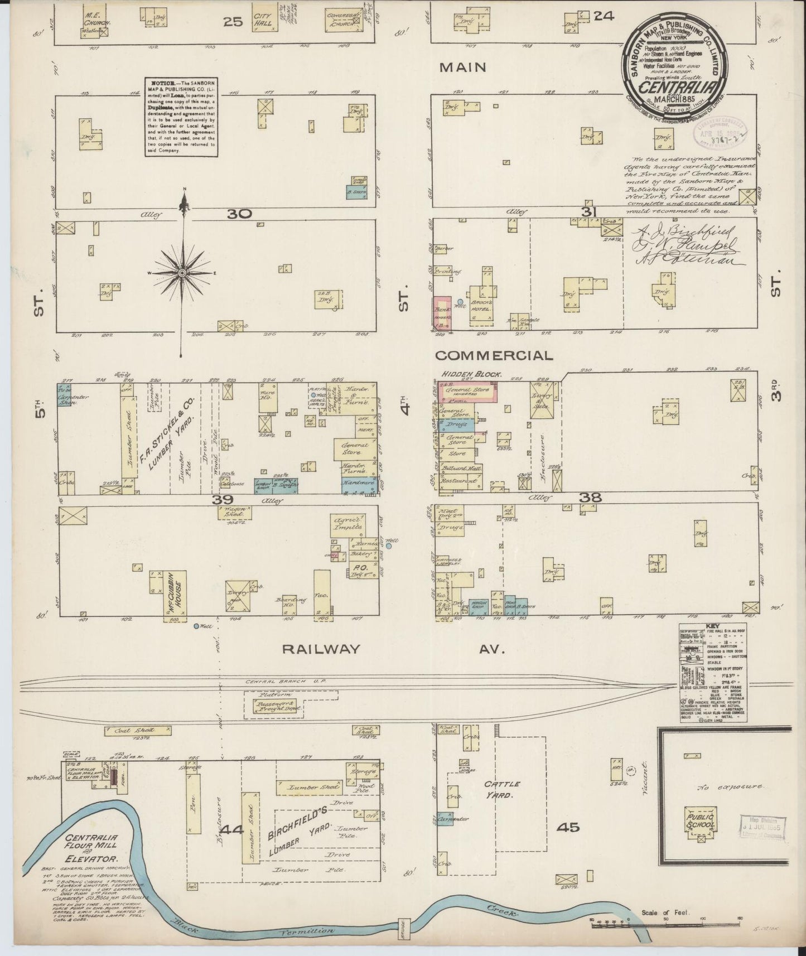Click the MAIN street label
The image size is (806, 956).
462,67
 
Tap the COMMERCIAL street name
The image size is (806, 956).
494,355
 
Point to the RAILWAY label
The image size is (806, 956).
321,649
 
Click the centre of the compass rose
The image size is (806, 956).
182,272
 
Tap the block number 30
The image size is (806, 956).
240,214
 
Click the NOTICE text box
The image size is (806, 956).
180,116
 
